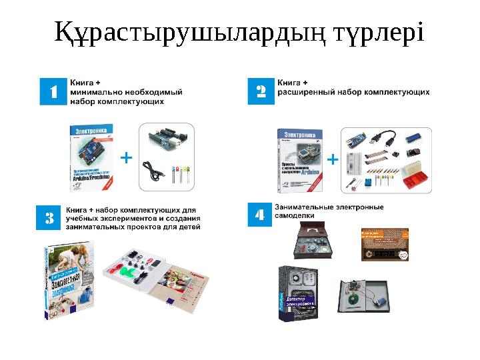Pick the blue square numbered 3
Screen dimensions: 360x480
click(49, 217)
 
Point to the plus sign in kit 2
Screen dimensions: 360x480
click(333, 160)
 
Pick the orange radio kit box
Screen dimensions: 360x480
click(384, 243)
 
